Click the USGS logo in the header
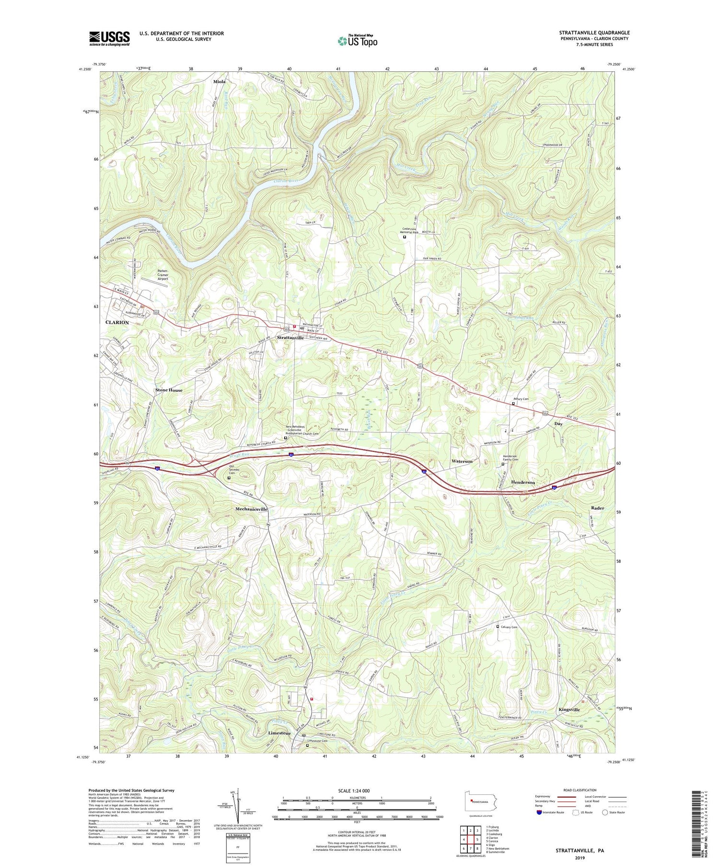(109, 38)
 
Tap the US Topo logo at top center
(357, 41)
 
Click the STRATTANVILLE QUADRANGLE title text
(594, 33)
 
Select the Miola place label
(219, 82)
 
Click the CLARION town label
(117, 323)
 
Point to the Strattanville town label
(290, 338)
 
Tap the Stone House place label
(169, 390)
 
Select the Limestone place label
(279, 733)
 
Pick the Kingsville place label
(569, 710)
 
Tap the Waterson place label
(462, 462)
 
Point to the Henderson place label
(522, 483)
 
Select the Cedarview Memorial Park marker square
(404, 237)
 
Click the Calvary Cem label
(509, 627)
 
